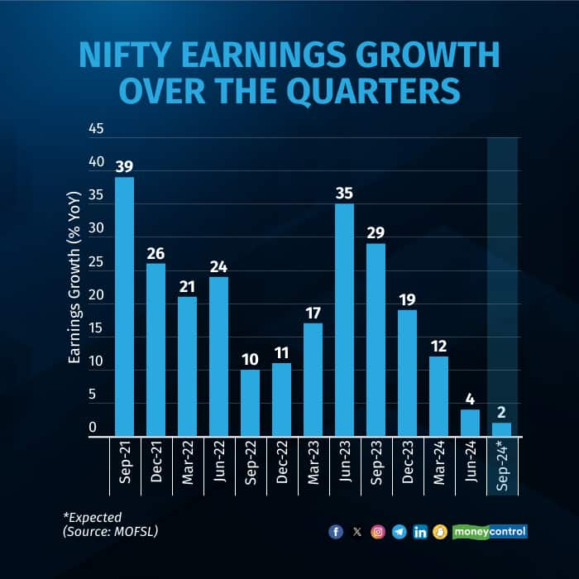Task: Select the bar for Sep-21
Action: pos(124,306)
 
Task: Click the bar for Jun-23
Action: pos(344,319)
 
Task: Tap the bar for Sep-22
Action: pos(250,402)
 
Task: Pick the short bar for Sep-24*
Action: pos(501,429)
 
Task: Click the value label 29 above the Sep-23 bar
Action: pos(376,232)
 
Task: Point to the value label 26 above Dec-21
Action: pos(156,252)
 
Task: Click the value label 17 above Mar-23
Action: pos(313,312)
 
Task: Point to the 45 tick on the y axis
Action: pos(97,129)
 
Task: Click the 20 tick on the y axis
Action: pos(97,295)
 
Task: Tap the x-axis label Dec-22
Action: pos(281,467)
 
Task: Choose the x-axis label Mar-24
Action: pos(438,467)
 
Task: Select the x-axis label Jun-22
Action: pos(218,467)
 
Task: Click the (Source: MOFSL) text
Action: pos(110,531)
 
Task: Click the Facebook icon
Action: pos(336,532)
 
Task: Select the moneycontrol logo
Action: pos(490,531)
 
